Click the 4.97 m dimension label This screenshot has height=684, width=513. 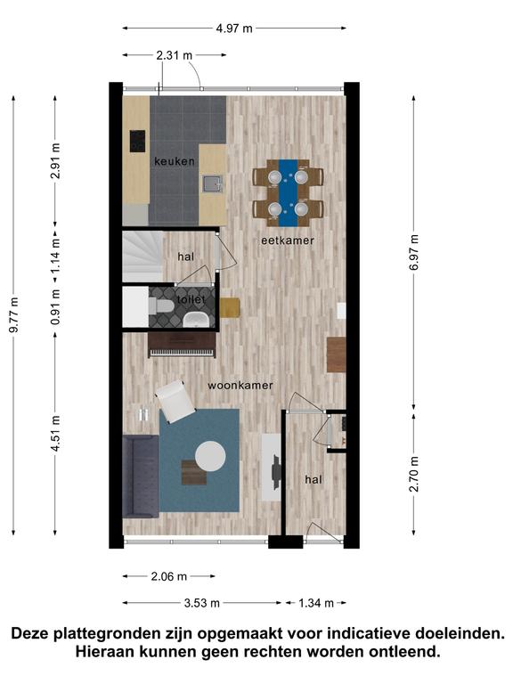point(234,28)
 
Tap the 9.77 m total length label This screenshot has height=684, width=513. point(14,314)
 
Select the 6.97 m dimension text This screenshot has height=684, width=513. point(414,252)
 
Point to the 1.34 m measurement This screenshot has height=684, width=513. point(316,603)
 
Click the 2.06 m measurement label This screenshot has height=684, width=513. point(169,576)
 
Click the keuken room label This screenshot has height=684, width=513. point(175,161)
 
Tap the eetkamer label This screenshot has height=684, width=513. point(288,240)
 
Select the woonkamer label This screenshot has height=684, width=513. point(240,385)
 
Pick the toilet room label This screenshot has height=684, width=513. point(191,299)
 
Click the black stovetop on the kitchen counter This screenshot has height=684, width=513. point(137,141)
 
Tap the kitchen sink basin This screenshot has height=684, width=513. point(213,183)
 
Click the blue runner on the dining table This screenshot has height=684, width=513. point(288,192)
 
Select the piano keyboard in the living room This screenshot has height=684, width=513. point(183,352)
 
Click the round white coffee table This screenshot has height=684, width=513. point(210,456)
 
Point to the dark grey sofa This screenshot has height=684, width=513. point(141,476)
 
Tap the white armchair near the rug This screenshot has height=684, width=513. point(175,402)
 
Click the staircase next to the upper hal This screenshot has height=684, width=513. point(142,256)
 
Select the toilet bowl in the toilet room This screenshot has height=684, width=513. point(161,305)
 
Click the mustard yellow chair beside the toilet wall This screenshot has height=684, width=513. point(230,307)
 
